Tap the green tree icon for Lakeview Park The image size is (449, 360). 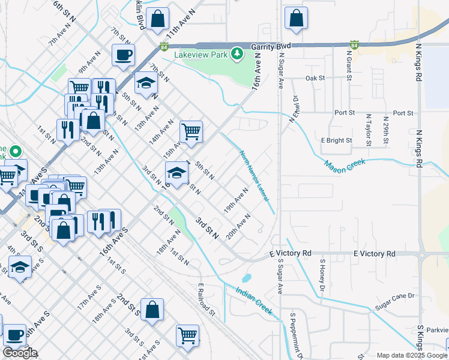[x=238, y=53]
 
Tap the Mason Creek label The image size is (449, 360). [x=344, y=166]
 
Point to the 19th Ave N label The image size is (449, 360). [x=236, y=200]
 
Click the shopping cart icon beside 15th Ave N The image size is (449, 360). [x=191, y=131]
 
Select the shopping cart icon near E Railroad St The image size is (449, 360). [x=188, y=335]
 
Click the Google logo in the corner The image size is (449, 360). [x=20, y=353]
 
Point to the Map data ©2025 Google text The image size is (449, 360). [x=411, y=355]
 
